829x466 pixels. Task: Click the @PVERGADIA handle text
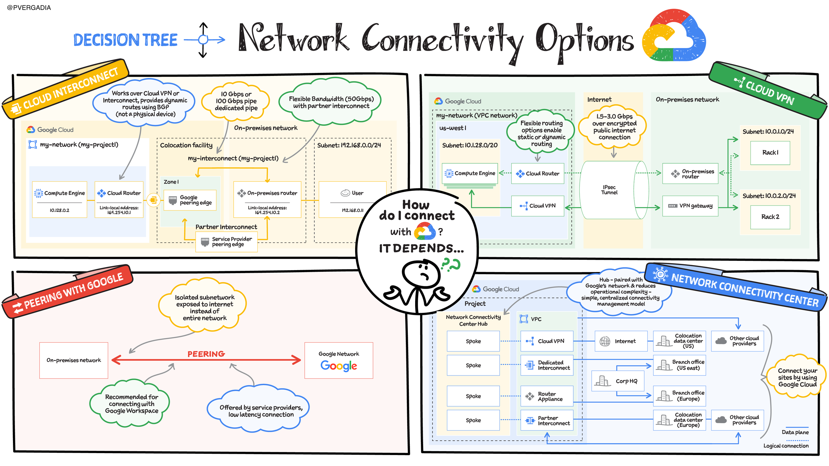click(29, 8)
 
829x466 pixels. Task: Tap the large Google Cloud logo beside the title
click(674, 36)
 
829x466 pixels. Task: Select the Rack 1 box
click(770, 153)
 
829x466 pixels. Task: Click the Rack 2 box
click(770, 217)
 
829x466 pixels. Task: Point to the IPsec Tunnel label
click(609, 190)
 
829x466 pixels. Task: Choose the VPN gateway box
click(690, 206)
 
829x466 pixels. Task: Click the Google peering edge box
click(190, 200)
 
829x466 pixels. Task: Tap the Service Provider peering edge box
click(226, 242)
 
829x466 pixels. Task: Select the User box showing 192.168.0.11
click(352, 200)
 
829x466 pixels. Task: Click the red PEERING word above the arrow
click(206, 354)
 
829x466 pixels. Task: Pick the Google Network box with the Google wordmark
click(339, 361)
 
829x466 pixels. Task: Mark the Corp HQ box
click(618, 381)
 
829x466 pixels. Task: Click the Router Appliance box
click(547, 396)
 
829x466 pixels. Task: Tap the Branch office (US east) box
click(679, 365)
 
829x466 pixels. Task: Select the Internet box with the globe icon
click(621, 341)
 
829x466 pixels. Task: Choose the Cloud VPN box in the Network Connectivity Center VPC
click(547, 341)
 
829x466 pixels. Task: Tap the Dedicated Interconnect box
click(547, 365)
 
